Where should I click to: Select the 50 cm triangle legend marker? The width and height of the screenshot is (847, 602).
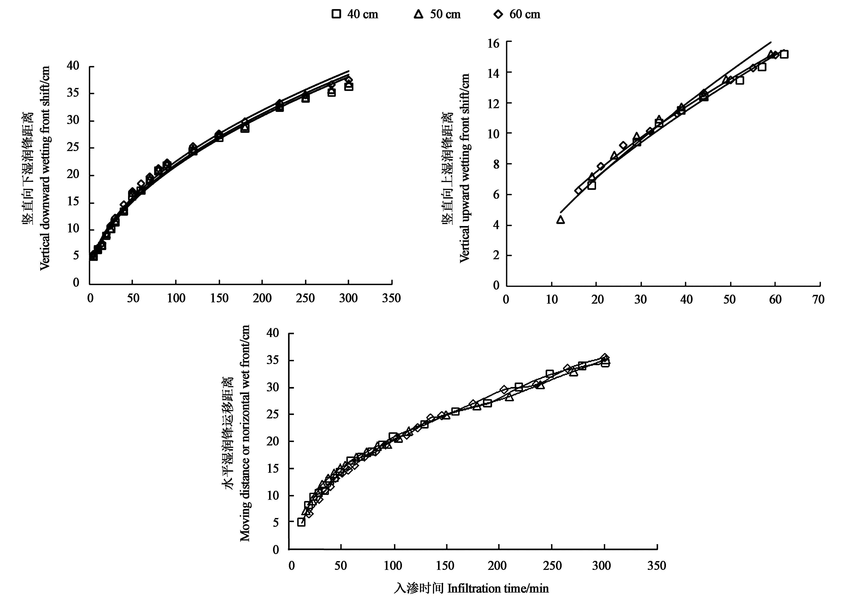pos(418,14)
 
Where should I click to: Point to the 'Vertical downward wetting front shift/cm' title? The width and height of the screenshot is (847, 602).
pos(44,168)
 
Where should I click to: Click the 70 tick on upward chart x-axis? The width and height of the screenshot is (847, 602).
pos(818,299)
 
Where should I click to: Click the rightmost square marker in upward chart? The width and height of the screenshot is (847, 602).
pos(784,54)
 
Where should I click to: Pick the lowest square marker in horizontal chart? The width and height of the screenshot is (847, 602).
pos(301,522)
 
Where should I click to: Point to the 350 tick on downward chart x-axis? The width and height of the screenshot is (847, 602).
pos(391,298)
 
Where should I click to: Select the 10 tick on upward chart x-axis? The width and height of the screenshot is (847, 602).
pos(552,299)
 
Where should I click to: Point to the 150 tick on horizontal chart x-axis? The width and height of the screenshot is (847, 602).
pos(445,566)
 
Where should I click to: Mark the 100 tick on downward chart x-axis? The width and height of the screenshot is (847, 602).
pos(176,298)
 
